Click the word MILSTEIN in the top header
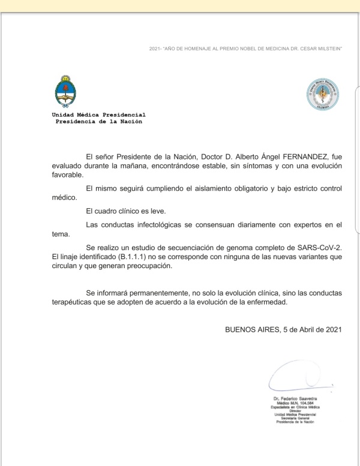pyautogui.click(x=329, y=48)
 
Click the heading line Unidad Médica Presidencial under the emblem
pyautogui.click(x=98, y=115)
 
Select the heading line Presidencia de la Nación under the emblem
pyautogui.click(x=98, y=121)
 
